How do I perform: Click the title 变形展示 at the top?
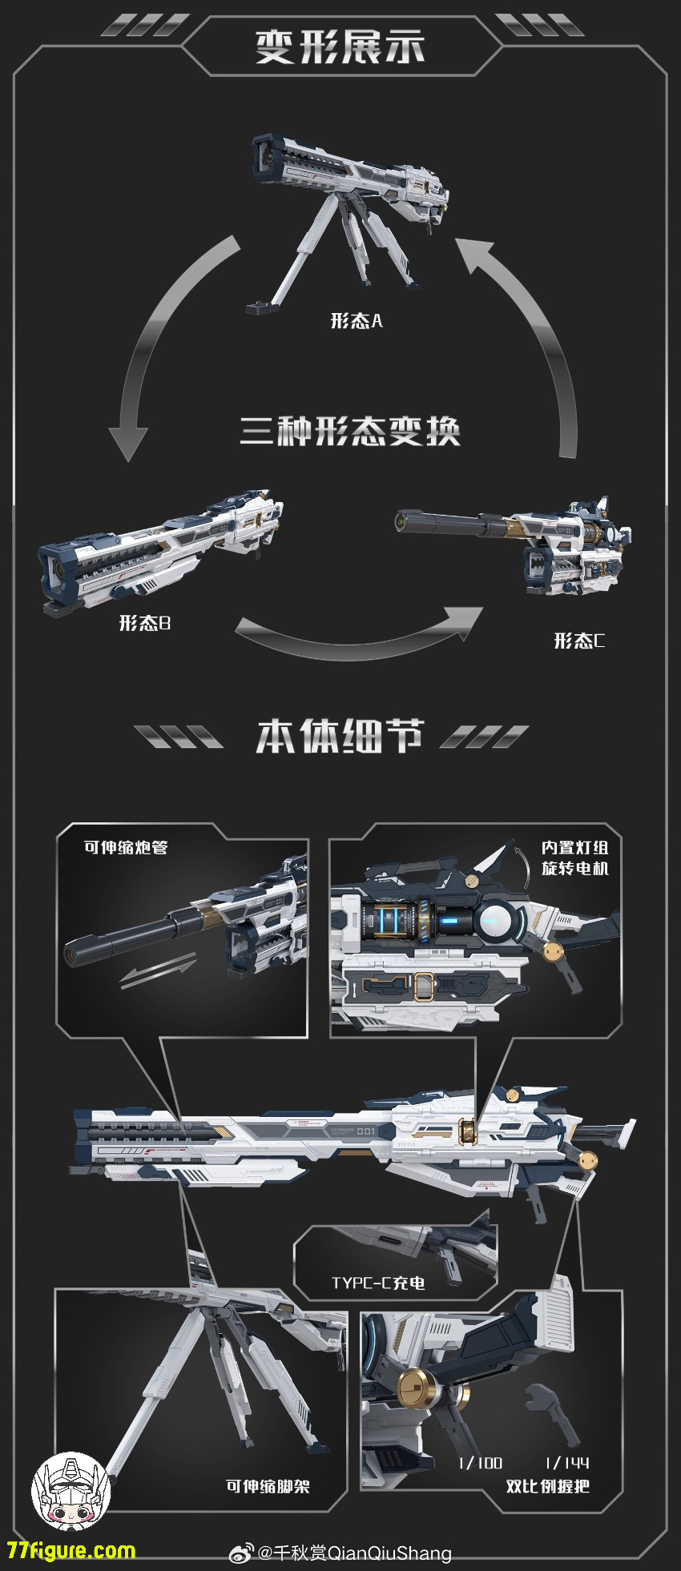pyautogui.click(x=340, y=46)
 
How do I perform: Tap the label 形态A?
pyautogui.click(x=357, y=321)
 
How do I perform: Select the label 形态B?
pyautogui.click(x=145, y=623)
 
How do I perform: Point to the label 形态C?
pyautogui.click(x=579, y=641)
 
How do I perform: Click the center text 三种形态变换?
pyautogui.click(x=350, y=431)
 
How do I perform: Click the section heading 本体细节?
pyautogui.click(x=339, y=735)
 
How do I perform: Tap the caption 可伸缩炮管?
pyautogui.click(x=126, y=847)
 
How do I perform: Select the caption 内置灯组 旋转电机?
pyautogui.click(x=574, y=858)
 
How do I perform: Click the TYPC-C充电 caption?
pyautogui.click(x=378, y=1283)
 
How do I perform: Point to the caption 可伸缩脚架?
pyautogui.click(x=268, y=1486)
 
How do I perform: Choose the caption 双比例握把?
pyautogui.click(x=548, y=1486)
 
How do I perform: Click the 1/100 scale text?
pyautogui.click(x=480, y=1463)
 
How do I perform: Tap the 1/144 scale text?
pyautogui.click(x=566, y=1463)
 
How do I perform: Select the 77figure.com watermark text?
pyautogui.click(x=71, y=1550)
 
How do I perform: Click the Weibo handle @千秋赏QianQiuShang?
pyautogui.click(x=353, y=1553)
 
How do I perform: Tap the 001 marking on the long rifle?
pyautogui.click(x=366, y=1131)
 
